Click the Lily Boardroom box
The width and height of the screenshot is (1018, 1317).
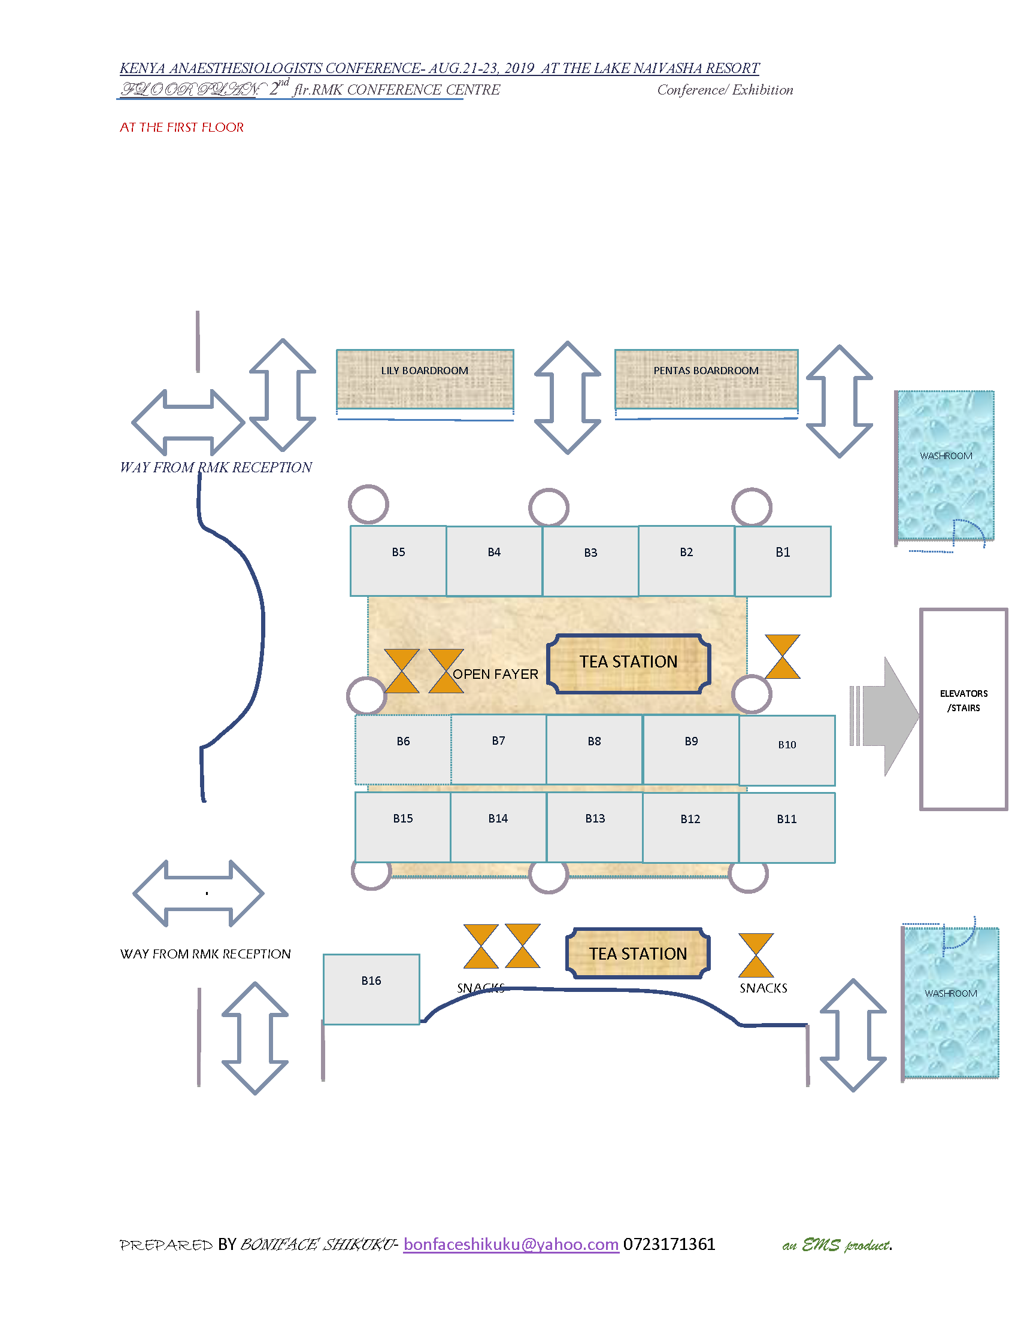coord(425,379)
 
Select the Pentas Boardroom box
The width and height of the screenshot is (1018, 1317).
coord(705,379)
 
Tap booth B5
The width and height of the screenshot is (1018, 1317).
coord(398,560)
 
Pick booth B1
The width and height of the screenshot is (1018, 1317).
coord(782,561)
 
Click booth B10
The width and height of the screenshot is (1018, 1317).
coord(786,750)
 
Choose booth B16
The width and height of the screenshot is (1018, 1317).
coord(371,988)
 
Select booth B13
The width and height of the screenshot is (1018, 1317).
coord(595,827)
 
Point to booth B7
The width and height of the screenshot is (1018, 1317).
coord(498,749)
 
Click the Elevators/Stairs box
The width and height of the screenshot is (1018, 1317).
coord(963,709)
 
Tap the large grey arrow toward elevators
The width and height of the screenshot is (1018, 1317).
coord(887,716)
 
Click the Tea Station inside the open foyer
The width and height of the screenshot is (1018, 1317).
coord(628,663)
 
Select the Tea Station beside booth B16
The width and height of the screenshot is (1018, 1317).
coord(638,954)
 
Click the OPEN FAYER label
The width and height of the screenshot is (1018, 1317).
coord(495,674)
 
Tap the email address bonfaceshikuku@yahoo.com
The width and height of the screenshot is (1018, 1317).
coord(511,1244)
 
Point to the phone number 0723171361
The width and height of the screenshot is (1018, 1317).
coord(669,1244)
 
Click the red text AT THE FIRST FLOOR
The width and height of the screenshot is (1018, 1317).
coord(181,128)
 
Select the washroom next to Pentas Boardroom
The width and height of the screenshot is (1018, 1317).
coord(945,465)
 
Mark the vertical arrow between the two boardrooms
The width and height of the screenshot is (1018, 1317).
coord(567,397)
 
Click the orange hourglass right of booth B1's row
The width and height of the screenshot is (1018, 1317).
coord(782,656)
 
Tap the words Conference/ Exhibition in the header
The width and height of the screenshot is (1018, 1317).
coord(725,90)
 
